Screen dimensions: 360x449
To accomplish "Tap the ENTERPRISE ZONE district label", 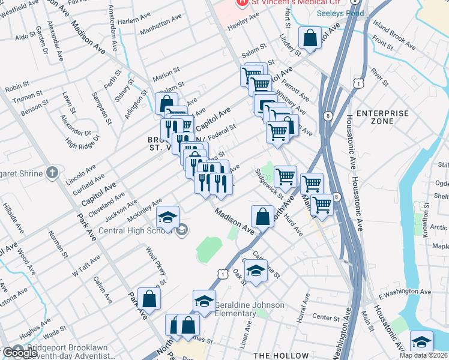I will coord(382,117).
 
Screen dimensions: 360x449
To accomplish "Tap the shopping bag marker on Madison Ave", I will coord(263,217).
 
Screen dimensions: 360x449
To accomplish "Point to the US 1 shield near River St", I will coord(358,83).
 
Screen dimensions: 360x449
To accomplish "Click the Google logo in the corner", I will coord(20,353).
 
